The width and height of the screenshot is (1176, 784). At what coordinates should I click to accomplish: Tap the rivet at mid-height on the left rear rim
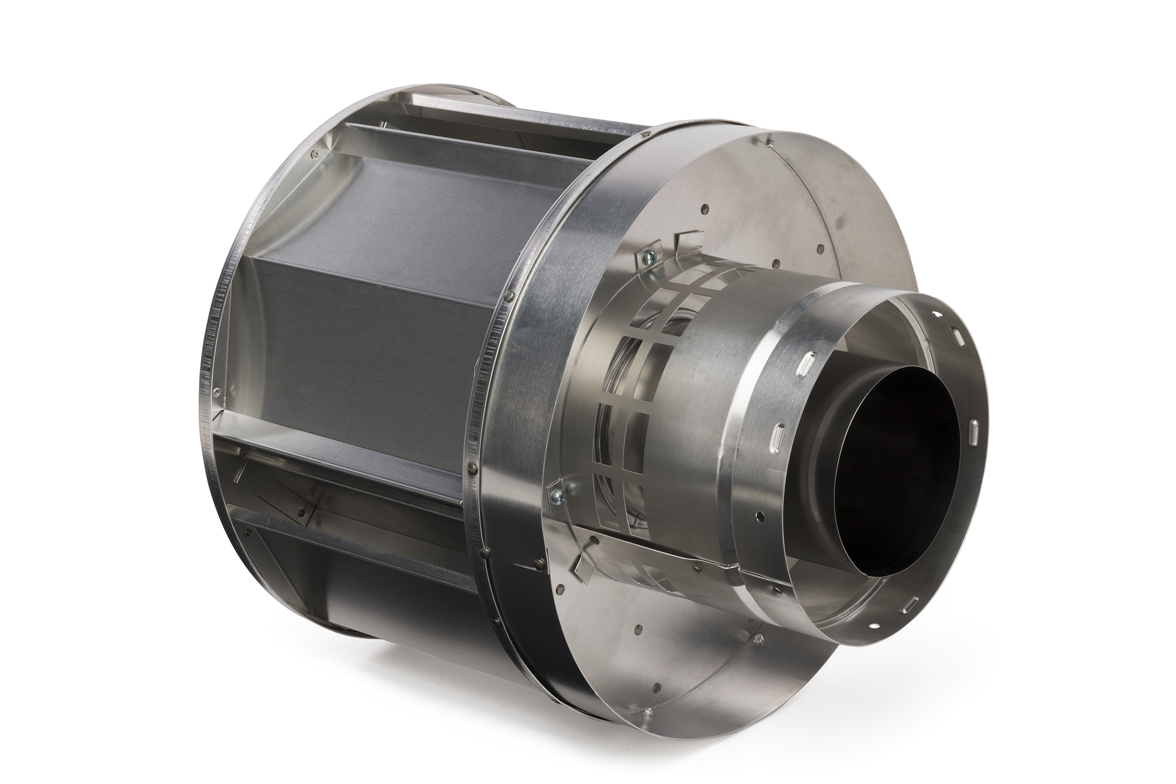pyautogui.click(x=215, y=390)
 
